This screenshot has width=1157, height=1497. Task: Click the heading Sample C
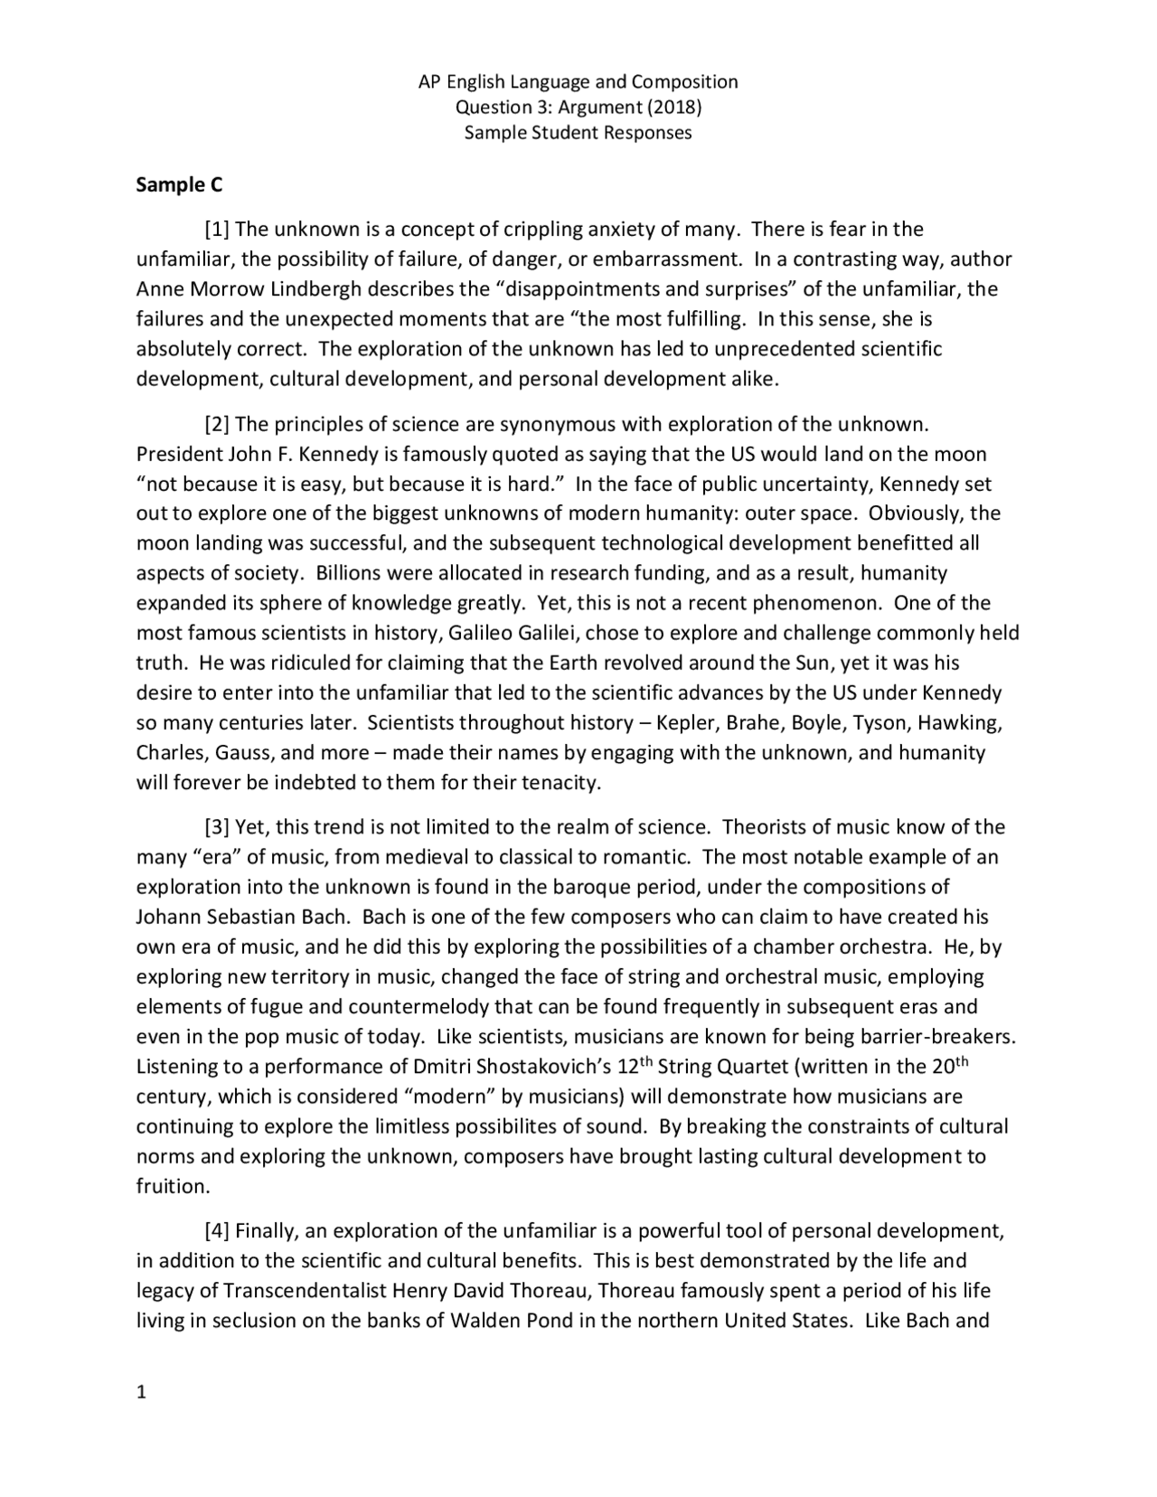coord(179,185)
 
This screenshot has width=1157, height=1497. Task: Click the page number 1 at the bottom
coord(141,1392)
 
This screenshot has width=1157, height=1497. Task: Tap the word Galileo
coord(481,634)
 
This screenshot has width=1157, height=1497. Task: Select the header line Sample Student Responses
coord(578,133)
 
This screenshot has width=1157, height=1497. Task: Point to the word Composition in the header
coord(684,82)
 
